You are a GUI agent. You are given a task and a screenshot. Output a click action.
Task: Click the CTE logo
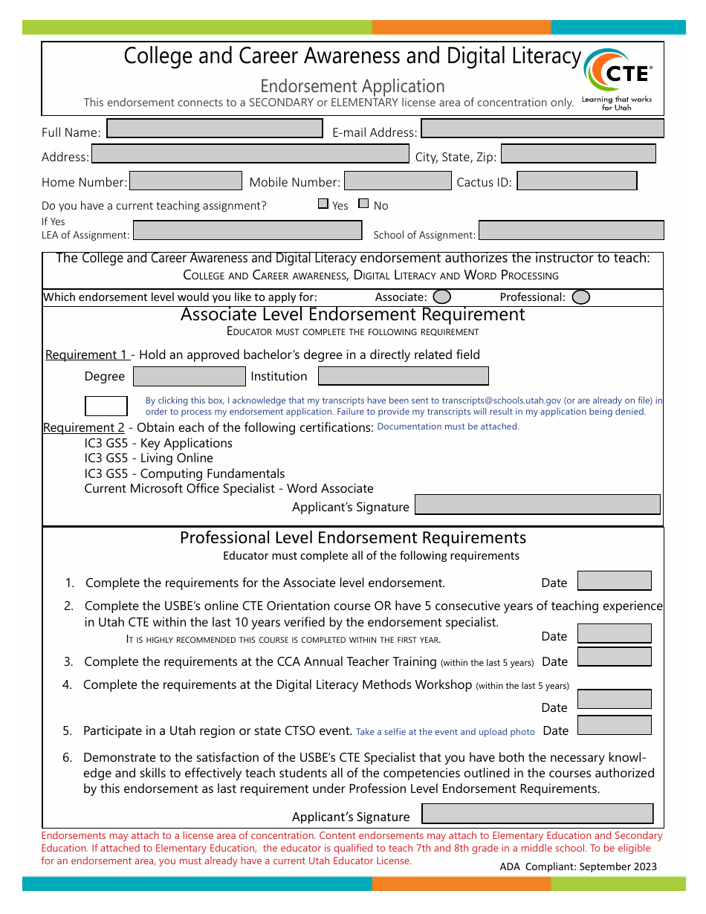tap(618, 78)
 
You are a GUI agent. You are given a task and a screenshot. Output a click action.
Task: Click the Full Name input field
tap(215, 129)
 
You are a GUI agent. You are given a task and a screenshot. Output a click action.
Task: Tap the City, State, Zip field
tap(578, 154)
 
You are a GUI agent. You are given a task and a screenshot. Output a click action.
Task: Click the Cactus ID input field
tap(577, 181)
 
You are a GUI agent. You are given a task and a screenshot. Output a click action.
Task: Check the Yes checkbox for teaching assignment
tap(323, 204)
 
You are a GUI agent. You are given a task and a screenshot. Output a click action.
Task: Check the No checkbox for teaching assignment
tap(363, 204)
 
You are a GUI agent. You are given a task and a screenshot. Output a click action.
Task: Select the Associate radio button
tap(441, 296)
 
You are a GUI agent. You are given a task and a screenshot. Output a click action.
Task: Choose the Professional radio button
tap(581, 296)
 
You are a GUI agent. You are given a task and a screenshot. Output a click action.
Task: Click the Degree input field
tap(189, 376)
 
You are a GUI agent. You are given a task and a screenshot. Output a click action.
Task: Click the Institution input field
tap(403, 376)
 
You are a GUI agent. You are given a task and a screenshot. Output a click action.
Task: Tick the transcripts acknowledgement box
tap(106, 406)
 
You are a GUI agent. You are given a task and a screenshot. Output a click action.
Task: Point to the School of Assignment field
tap(571, 230)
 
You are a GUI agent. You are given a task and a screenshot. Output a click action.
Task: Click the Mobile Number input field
tap(398, 181)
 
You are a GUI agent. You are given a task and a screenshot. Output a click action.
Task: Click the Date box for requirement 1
tap(614, 580)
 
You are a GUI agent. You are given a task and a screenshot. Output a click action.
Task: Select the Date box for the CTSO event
tap(614, 725)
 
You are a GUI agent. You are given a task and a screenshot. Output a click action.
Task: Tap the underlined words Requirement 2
tap(84, 428)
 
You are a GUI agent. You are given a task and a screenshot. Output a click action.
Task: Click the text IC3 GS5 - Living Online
tap(149, 458)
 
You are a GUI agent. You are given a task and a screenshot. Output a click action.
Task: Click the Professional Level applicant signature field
tap(537, 814)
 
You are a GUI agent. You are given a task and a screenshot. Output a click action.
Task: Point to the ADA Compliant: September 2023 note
tap(578, 866)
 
